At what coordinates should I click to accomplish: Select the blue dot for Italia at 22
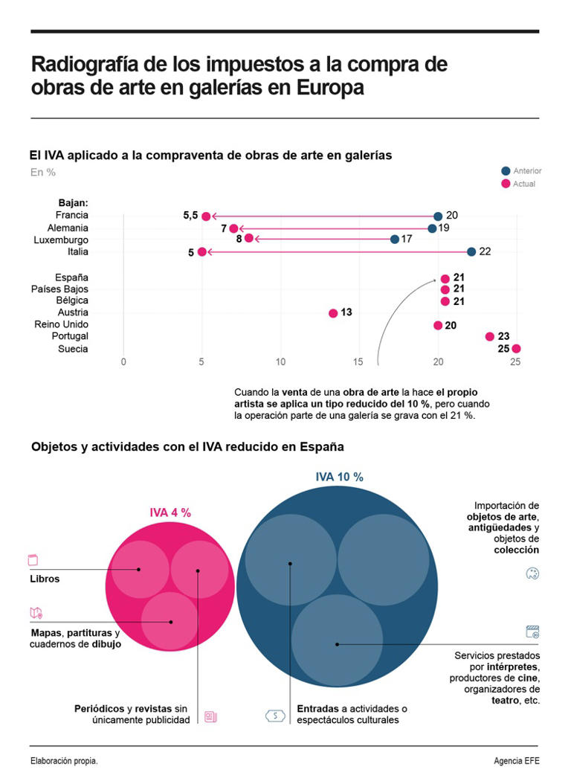coord(471,252)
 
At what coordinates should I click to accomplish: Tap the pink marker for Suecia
coord(516,349)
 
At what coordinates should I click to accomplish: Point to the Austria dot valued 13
coord(333,313)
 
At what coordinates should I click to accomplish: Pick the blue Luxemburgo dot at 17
coord(395,240)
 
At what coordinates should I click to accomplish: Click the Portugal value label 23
coord(503,336)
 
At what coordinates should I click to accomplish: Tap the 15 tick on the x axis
coord(358,362)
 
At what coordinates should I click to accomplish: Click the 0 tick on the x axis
coord(123,362)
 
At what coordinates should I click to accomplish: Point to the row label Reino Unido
coord(61,324)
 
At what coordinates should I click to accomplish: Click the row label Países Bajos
coord(59,289)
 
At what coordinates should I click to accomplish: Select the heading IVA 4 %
coord(170,513)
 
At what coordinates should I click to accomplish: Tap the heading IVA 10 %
coord(339,478)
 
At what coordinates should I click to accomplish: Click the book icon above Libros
coord(33,560)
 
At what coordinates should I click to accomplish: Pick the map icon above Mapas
coord(36,614)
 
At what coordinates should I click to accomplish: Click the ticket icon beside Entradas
coord(275,716)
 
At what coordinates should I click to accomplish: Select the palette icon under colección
coord(532,573)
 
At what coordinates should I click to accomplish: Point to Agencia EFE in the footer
coord(516,761)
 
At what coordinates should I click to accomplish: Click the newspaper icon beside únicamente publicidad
coord(210,717)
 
